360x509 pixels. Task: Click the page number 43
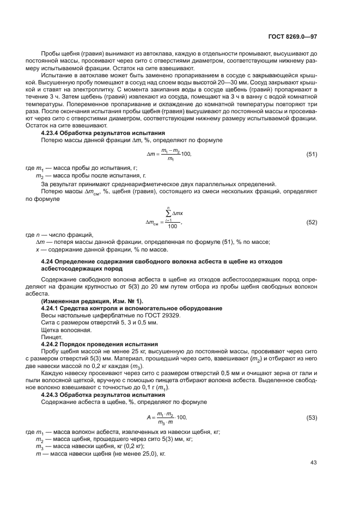tap(313, 463)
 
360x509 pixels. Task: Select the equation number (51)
tap(312, 155)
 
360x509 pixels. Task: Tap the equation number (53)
tap(312, 418)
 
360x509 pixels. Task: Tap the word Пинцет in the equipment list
tap(51, 338)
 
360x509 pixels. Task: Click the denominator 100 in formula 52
tap(172, 226)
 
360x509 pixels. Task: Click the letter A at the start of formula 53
tap(148, 418)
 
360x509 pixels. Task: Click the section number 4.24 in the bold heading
tap(48, 262)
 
